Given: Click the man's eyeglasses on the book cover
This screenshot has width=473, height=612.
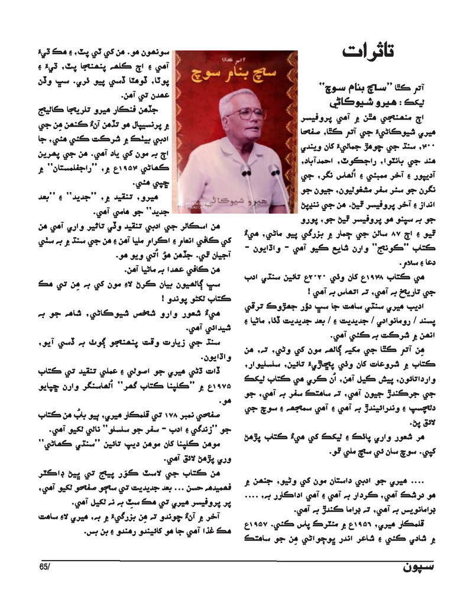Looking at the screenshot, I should tap(243, 113).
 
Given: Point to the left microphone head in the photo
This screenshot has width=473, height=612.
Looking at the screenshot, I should tap(247, 171).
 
